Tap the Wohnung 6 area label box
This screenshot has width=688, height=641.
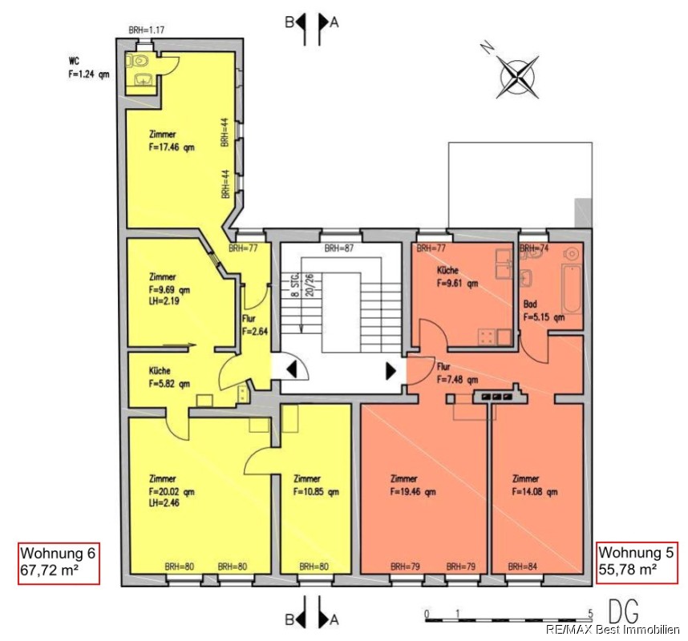[59, 563]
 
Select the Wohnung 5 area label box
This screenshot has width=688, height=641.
[637, 562]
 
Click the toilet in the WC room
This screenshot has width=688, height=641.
[139, 61]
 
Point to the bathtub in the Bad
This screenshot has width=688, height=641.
[573, 289]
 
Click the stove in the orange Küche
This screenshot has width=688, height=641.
[488, 337]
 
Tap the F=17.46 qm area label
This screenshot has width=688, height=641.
[171, 147]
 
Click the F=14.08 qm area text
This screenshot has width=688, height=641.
[534, 491]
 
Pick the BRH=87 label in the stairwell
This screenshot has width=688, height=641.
[338, 248]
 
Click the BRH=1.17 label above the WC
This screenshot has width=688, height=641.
[147, 30]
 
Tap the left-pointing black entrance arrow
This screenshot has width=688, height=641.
[292, 369]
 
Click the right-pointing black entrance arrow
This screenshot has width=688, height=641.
[391, 370]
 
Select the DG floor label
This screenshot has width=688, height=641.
[624, 611]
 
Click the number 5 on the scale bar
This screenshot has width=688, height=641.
[591, 612]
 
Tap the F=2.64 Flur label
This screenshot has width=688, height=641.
[255, 332]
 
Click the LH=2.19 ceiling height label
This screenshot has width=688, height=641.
[164, 300]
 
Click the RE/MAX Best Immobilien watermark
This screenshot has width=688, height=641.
[613, 630]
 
